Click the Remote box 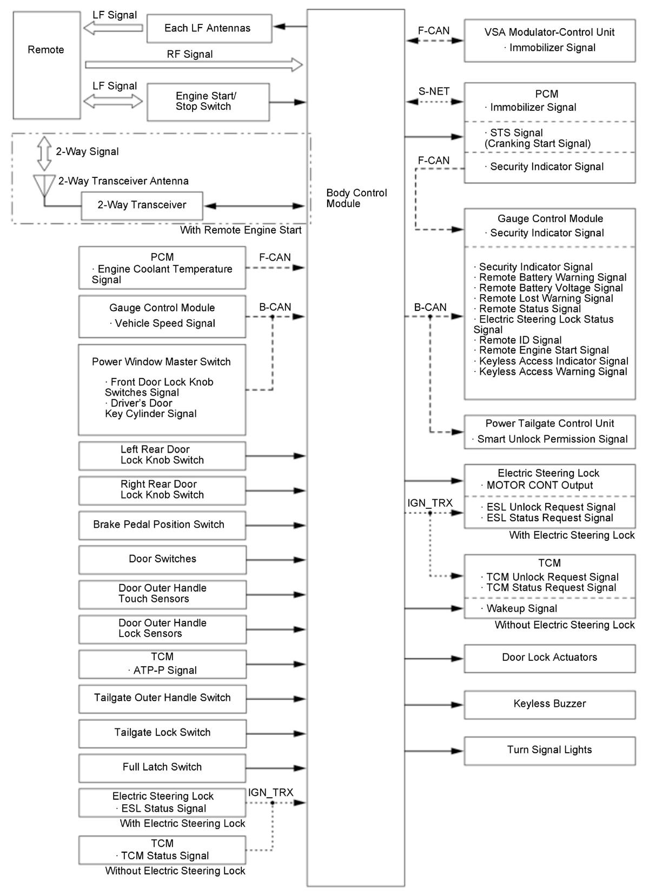[x=47, y=65]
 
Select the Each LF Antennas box [x=209, y=29]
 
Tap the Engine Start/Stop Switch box [x=208, y=102]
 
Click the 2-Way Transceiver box [x=142, y=205]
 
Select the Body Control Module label [x=356, y=198]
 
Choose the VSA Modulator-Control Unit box [x=549, y=41]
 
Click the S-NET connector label [x=434, y=91]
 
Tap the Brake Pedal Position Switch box [x=162, y=525]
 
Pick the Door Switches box [x=162, y=560]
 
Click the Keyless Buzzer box [x=549, y=704]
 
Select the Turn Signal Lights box [x=549, y=750]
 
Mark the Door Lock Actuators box [x=549, y=658]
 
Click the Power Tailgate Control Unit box [x=549, y=432]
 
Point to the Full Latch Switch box [x=162, y=767]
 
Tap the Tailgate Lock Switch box [x=162, y=733]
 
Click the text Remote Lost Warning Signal [x=546, y=299]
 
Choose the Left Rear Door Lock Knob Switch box [x=162, y=455]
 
